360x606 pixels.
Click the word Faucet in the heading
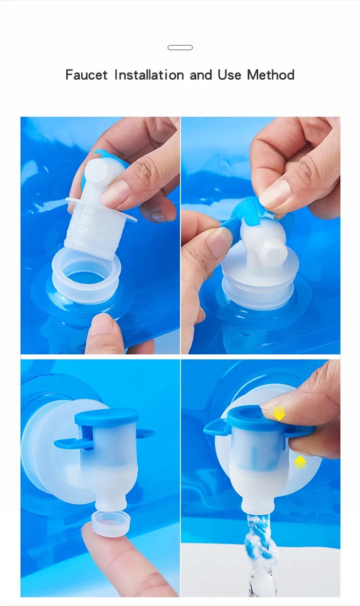[x=86, y=75]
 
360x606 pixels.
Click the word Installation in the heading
[x=149, y=75]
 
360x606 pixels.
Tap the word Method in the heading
[x=271, y=75]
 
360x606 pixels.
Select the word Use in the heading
[x=229, y=75]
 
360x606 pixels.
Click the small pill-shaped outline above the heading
[x=180, y=48]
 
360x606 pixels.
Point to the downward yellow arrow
[x=279, y=413]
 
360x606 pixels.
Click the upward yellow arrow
[x=300, y=462]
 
